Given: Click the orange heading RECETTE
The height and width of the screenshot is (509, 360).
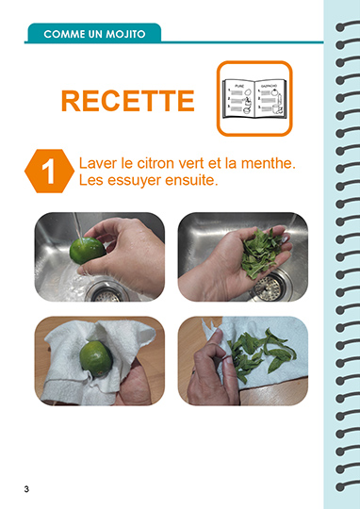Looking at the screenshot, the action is click(x=128, y=101).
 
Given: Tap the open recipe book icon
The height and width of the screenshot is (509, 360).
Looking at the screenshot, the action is click(x=254, y=98).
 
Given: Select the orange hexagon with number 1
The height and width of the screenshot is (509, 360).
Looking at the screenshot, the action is click(x=49, y=171).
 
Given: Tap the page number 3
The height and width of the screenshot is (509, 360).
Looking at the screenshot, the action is click(x=26, y=489).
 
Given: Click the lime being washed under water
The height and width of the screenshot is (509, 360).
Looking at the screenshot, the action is click(x=88, y=251).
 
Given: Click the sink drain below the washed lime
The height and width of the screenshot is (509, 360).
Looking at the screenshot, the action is click(x=106, y=291).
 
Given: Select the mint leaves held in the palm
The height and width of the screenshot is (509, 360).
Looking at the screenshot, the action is click(x=261, y=253).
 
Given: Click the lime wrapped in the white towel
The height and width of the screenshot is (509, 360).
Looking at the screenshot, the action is click(x=96, y=359).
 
